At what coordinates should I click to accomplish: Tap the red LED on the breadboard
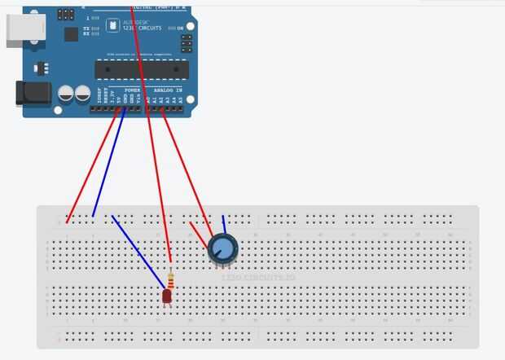pyautogui.click(x=167, y=296)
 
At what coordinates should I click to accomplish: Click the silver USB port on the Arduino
pyautogui.click(x=20, y=30)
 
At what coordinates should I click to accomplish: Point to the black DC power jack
pyautogui.click(x=33, y=94)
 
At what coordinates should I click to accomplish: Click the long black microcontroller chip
pyautogui.click(x=141, y=68)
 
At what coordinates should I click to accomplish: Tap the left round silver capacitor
pyautogui.click(x=64, y=94)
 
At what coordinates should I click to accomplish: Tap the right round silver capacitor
pyautogui.click(x=82, y=94)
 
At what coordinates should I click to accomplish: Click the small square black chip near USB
pyautogui.click(x=71, y=34)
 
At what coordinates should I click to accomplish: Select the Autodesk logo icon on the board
pyautogui.click(x=114, y=26)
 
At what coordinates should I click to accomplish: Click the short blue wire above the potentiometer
pyautogui.click(x=224, y=224)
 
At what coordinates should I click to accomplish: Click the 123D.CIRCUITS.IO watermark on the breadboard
pyautogui.click(x=259, y=278)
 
